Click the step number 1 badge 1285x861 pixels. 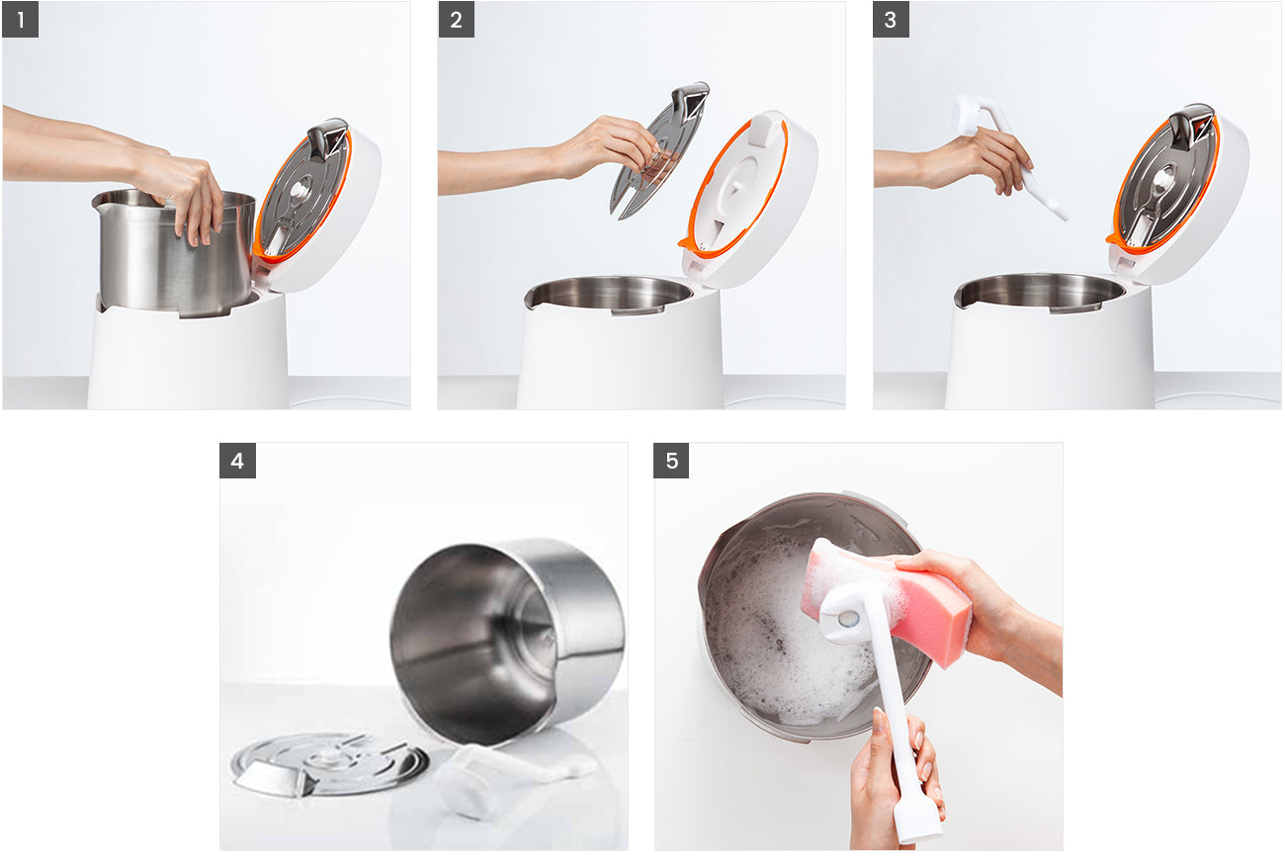coord(21,20)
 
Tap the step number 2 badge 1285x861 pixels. coord(456,20)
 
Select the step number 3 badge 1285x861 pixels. coord(891,20)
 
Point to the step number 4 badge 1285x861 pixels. coord(237,461)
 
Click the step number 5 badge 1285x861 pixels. coord(672,461)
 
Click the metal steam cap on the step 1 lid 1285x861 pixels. coord(327,138)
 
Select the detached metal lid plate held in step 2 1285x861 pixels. coord(657,148)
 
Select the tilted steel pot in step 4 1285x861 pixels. coord(504,633)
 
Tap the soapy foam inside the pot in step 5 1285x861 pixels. coord(781,643)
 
